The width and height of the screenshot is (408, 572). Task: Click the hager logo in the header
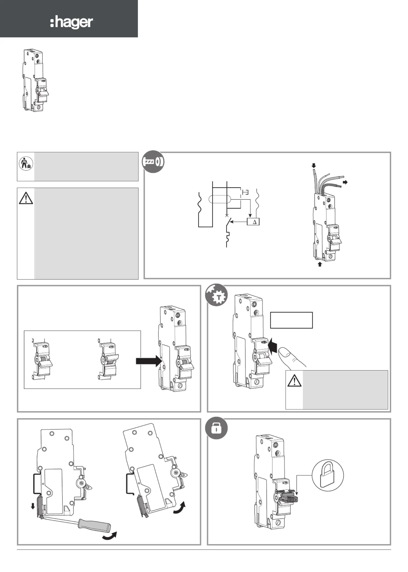click(72, 22)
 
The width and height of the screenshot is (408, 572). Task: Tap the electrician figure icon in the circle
click(26, 163)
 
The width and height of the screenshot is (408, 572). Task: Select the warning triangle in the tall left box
click(26, 198)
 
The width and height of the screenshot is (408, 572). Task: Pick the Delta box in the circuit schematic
click(253, 222)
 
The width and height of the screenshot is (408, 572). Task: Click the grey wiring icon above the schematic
click(153, 162)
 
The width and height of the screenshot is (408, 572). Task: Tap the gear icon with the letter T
click(217, 295)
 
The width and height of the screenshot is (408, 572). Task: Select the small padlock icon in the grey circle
click(216, 428)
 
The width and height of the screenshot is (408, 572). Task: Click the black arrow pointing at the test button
click(273, 346)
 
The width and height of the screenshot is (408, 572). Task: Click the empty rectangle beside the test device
click(291, 320)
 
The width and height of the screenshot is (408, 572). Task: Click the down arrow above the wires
click(314, 165)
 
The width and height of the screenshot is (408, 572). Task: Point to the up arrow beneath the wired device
click(320, 264)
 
